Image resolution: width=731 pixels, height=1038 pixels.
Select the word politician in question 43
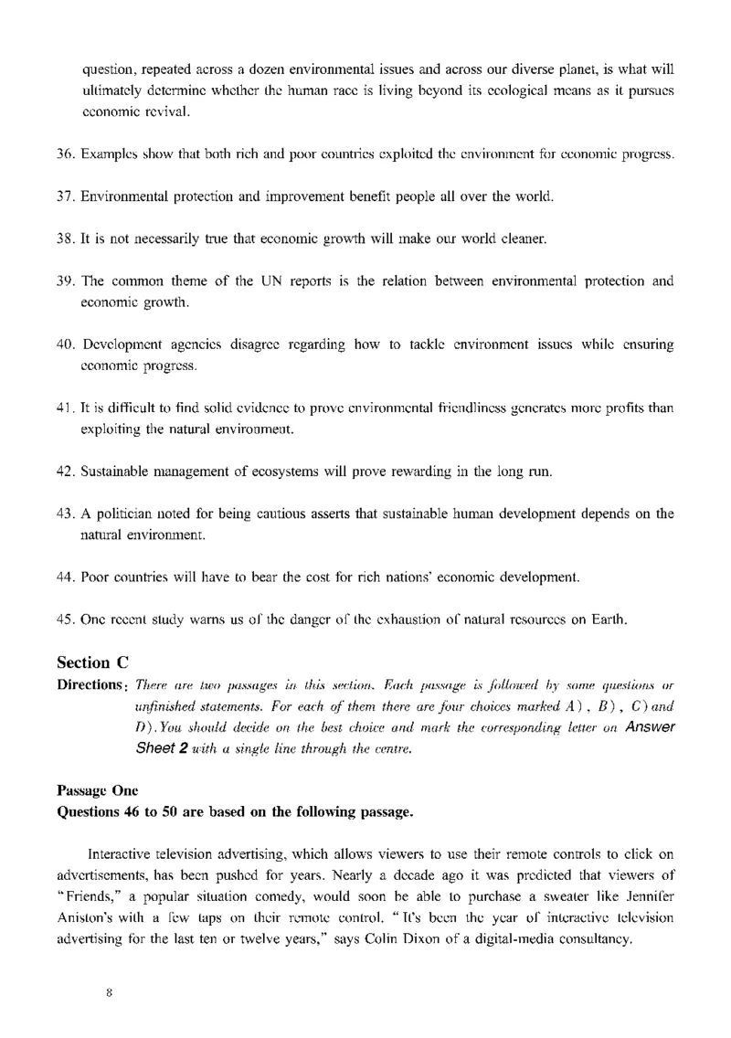pos(132,514)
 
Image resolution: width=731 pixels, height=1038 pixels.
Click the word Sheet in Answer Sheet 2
pos(154,743)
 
